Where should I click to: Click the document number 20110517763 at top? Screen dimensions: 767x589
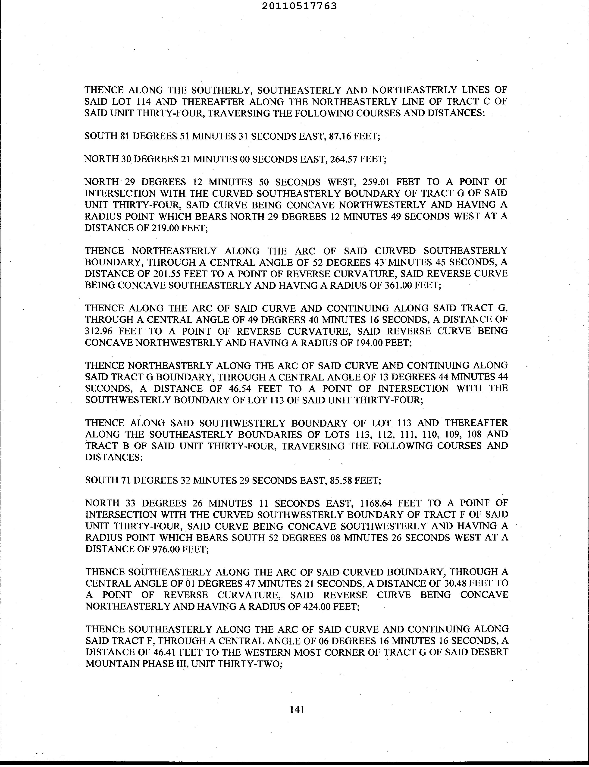pos(299,6)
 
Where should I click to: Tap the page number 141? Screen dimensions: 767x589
pos(297,710)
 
